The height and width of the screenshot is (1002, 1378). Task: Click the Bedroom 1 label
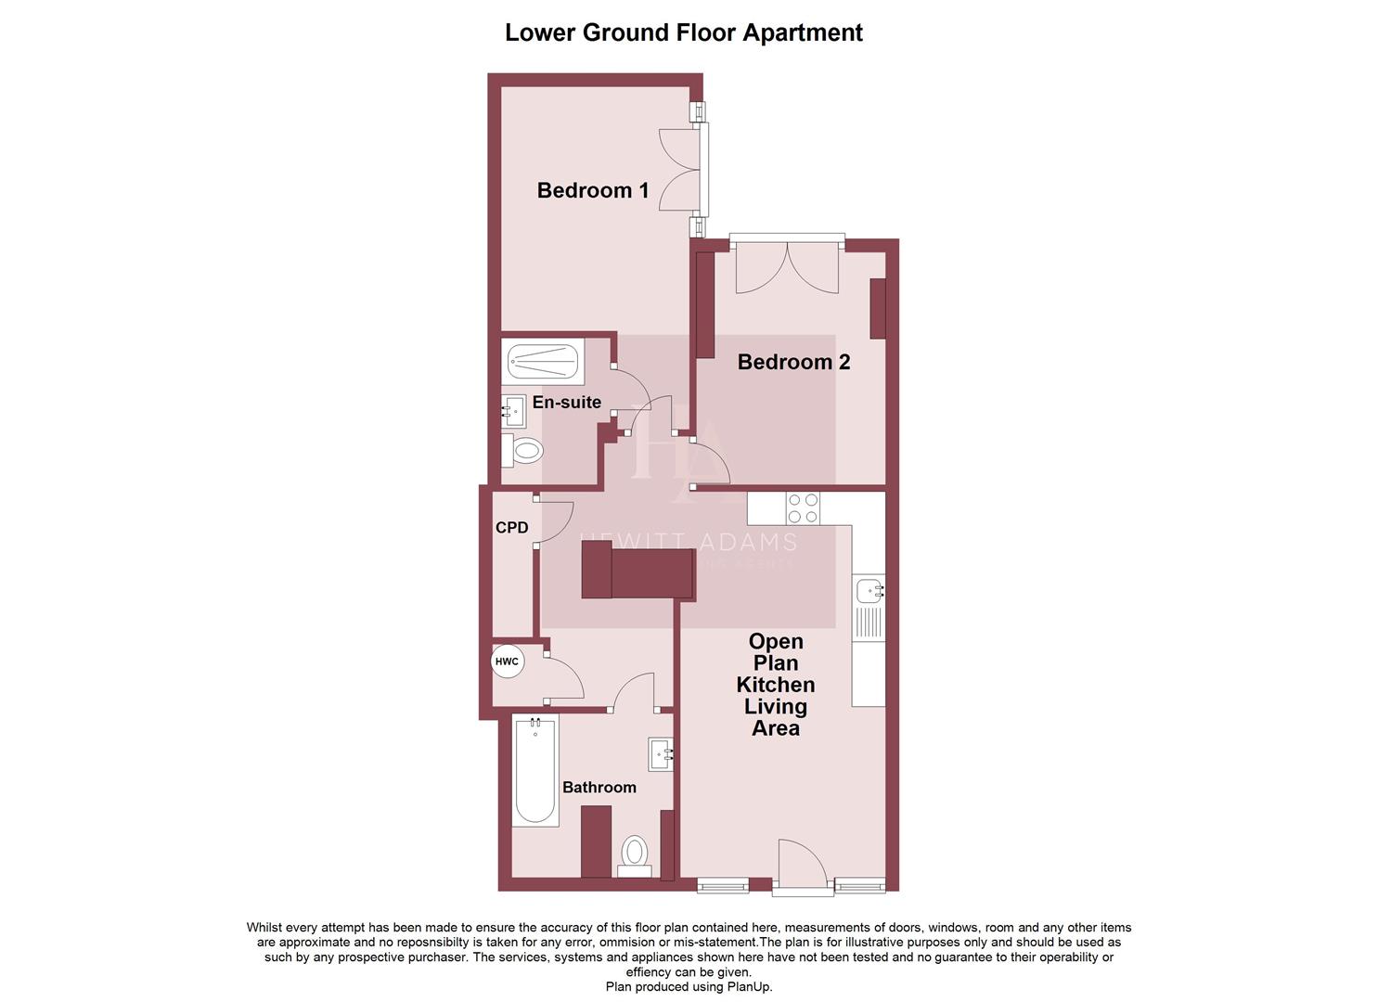pos(593,190)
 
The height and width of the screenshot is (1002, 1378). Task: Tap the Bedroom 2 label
pos(793,362)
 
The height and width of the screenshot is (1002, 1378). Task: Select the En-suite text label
pos(566,403)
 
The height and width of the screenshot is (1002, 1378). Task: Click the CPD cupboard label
pos(511,528)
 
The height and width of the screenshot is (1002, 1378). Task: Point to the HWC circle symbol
pos(507,662)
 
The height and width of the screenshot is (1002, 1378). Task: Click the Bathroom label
pos(599,788)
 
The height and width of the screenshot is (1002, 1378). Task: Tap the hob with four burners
pos(803,508)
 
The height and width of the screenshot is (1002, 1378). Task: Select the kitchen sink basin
pos(869,588)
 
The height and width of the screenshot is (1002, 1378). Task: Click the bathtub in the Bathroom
pos(535,772)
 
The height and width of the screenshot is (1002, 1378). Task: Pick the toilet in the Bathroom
pos(635,853)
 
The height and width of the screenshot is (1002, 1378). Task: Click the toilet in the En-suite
pos(524,452)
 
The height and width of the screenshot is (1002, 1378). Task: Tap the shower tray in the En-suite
pos(544,362)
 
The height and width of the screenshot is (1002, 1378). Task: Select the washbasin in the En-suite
pos(513,410)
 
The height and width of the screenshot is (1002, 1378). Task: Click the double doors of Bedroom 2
pos(787,269)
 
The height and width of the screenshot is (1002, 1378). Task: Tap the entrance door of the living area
pos(800,866)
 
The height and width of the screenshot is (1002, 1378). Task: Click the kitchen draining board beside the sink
pos(869,623)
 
